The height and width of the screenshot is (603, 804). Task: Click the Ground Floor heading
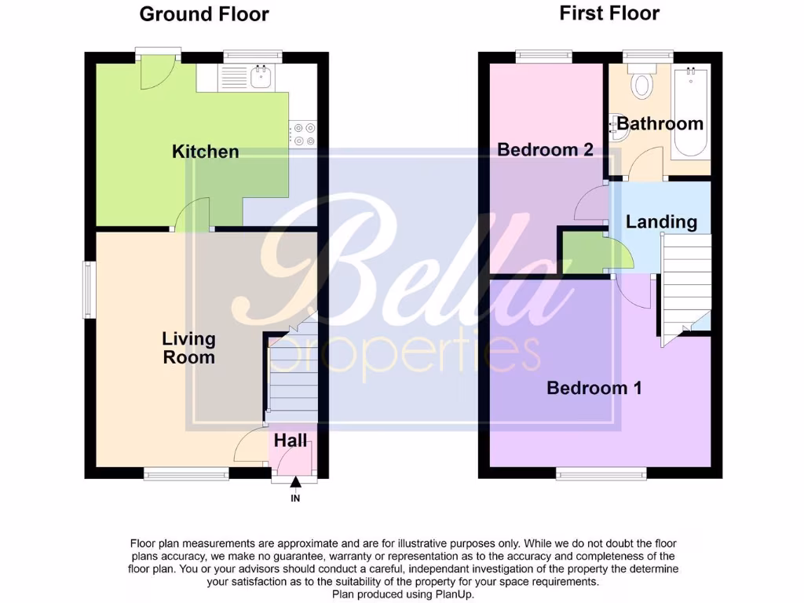click(x=204, y=14)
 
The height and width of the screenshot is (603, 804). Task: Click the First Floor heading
click(x=609, y=13)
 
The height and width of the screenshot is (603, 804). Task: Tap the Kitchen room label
click(x=205, y=152)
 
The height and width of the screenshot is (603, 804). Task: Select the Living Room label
click(x=188, y=348)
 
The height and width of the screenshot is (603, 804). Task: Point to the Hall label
click(x=291, y=441)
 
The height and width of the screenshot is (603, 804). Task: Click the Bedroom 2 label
click(x=545, y=149)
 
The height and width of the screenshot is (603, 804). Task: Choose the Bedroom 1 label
click(x=594, y=387)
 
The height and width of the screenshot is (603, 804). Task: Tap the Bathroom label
click(x=660, y=123)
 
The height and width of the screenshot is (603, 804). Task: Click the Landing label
click(x=661, y=222)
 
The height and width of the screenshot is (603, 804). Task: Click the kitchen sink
click(x=260, y=77)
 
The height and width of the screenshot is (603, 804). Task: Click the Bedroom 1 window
click(x=601, y=473)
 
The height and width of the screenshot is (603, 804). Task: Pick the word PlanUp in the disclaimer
click(x=454, y=594)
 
